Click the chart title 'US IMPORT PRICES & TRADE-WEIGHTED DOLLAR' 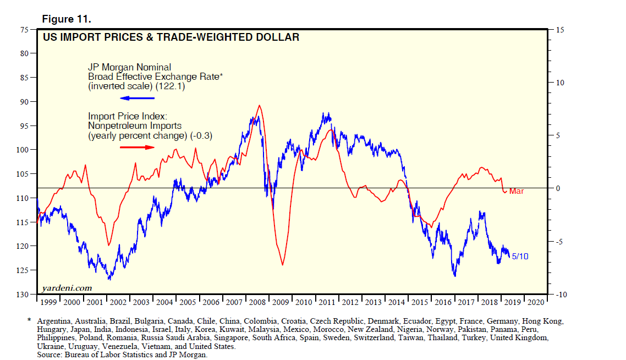coord(171,37)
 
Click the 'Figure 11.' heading coord(67,19)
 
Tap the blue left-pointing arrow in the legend coord(138,98)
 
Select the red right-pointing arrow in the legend coord(138,147)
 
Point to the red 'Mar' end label coord(517,191)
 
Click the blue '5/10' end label coord(520,256)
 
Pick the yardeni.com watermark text coord(67,288)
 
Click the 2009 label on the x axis coord(280,303)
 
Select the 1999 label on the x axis coord(48,303)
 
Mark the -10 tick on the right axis coord(561,295)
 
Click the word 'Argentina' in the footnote coord(55,321)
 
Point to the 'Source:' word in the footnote coord(50,355)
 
